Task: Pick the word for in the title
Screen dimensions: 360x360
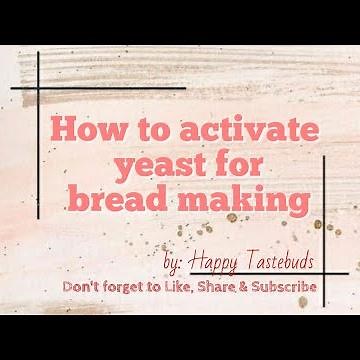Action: point(250,163)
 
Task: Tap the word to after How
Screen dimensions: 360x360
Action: point(147,129)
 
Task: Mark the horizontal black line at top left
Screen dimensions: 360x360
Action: point(60,83)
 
